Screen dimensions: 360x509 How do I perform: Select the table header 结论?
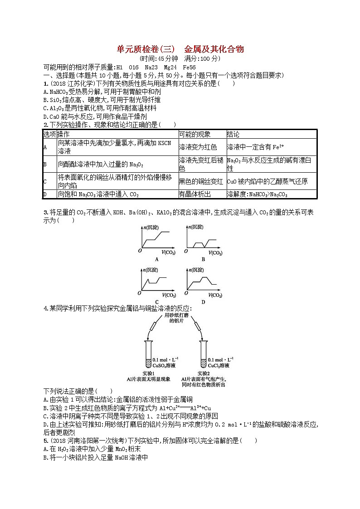(233, 135)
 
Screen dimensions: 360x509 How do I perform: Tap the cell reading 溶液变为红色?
(198, 147)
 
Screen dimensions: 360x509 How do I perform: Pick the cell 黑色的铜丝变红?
(201, 181)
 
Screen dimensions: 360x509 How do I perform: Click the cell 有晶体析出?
(195, 194)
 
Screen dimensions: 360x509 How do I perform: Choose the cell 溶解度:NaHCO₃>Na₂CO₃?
(257, 194)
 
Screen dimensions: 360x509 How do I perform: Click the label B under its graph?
(203, 259)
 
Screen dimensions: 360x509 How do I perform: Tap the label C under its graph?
(156, 301)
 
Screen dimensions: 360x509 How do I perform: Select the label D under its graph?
(203, 301)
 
